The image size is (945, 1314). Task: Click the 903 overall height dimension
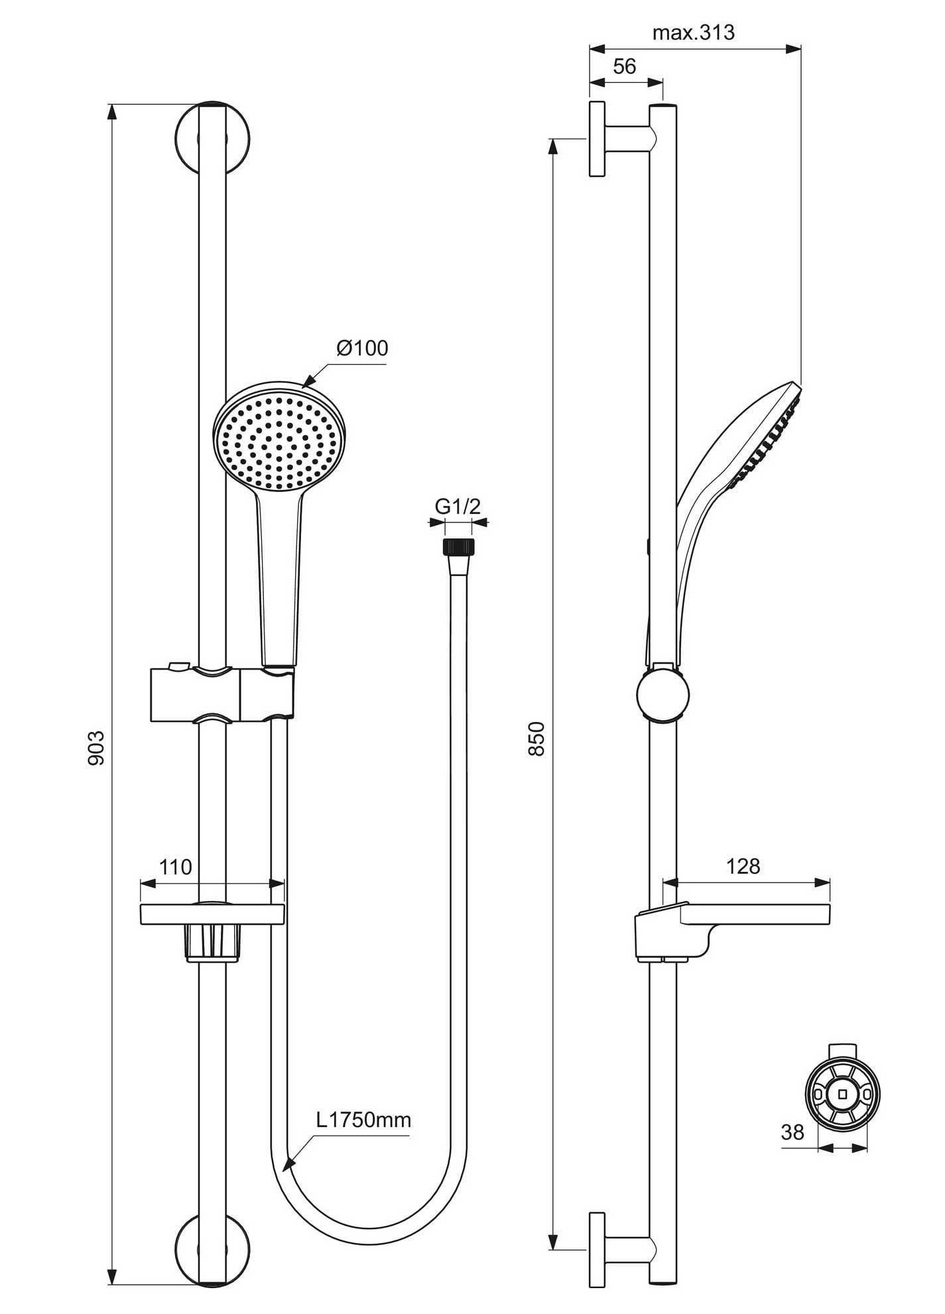click(97, 748)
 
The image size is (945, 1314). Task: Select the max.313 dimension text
click(694, 32)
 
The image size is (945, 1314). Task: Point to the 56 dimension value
click(625, 66)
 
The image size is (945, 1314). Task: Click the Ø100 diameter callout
click(362, 348)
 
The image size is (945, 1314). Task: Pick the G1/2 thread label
click(458, 507)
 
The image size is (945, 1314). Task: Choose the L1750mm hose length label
click(363, 1120)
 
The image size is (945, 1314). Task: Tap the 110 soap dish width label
click(175, 866)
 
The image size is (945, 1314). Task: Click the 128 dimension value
click(743, 866)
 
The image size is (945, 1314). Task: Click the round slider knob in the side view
click(662, 695)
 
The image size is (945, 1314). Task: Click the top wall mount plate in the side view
click(597, 139)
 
